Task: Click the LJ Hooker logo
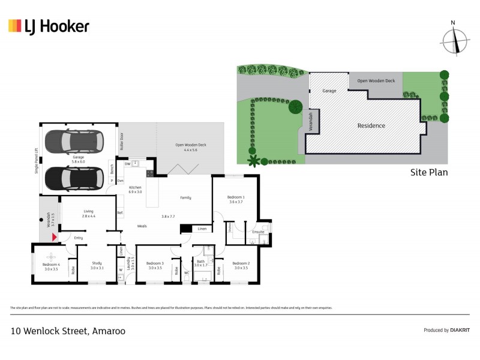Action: pyautogui.click(x=49, y=26)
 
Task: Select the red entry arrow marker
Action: pyautogui.click(x=55, y=238)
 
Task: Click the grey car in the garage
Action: pyautogui.click(x=74, y=142)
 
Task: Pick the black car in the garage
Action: pyautogui.click(x=74, y=177)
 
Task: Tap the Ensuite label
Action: pyautogui.click(x=258, y=232)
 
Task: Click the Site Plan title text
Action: pyautogui.click(x=428, y=172)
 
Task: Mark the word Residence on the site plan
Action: pyautogui.click(x=371, y=125)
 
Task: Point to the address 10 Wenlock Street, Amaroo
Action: pyautogui.click(x=68, y=331)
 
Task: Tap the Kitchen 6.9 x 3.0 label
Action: pyautogui.click(x=135, y=190)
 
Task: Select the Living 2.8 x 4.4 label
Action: pyautogui.click(x=89, y=214)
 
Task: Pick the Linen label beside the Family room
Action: pyautogui.click(x=202, y=229)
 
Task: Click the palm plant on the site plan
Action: pyautogui.click(x=253, y=160)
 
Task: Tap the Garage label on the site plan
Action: pyautogui.click(x=329, y=91)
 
